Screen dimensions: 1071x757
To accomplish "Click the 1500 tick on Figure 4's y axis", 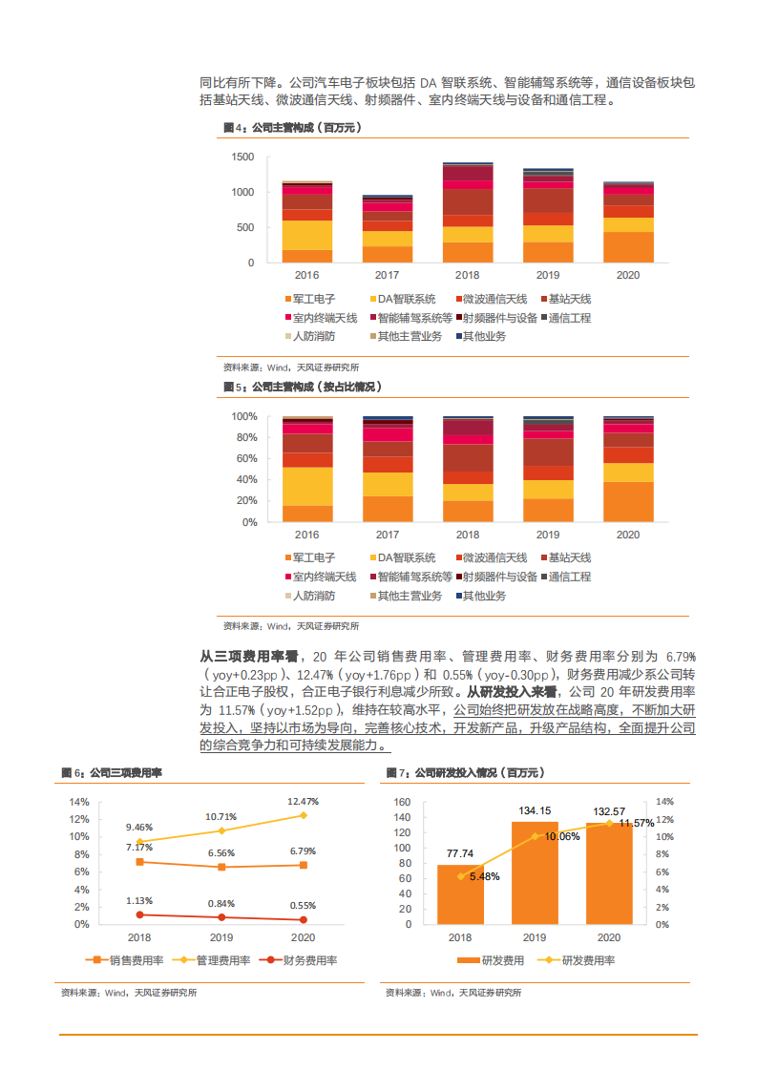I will click(243, 157).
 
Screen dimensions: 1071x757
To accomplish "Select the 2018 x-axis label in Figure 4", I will click(467, 274).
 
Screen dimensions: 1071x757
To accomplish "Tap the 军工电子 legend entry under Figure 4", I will click(310, 299).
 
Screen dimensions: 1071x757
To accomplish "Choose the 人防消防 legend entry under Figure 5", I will click(310, 596).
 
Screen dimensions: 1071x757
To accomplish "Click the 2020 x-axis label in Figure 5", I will click(627, 535).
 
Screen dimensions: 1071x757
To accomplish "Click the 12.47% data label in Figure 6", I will click(303, 801).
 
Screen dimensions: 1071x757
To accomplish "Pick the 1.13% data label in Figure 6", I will click(139, 900).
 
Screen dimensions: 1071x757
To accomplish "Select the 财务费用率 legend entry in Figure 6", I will click(304, 960).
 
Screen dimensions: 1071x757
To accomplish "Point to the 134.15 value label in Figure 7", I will click(535, 811).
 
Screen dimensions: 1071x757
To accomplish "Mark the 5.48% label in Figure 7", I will click(484, 876).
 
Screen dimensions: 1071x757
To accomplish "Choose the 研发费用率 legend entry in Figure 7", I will click(579, 960).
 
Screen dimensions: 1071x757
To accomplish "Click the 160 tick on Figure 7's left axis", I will click(402, 802).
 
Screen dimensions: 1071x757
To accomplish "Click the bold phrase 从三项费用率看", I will click(249, 657).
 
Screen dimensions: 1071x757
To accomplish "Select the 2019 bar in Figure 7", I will click(535, 872).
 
